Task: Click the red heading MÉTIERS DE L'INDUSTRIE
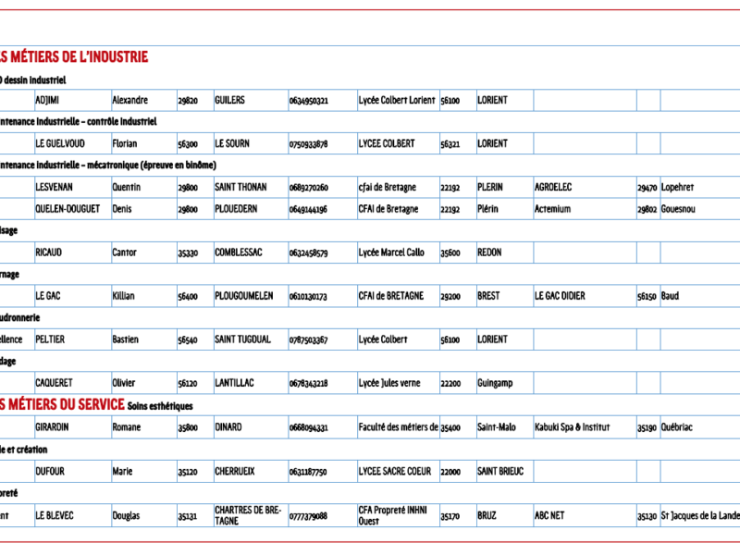[74, 57]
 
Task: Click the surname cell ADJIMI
[47, 100]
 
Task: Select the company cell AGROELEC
[553, 187]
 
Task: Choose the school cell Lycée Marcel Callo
[391, 253]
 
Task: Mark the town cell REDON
[489, 253]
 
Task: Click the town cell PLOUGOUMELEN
[243, 296]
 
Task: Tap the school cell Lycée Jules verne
[389, 383]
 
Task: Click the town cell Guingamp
[495, 383]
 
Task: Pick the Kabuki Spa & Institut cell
[573, 427]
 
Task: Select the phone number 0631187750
[308, 472]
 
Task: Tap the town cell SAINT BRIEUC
[500, 472]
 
